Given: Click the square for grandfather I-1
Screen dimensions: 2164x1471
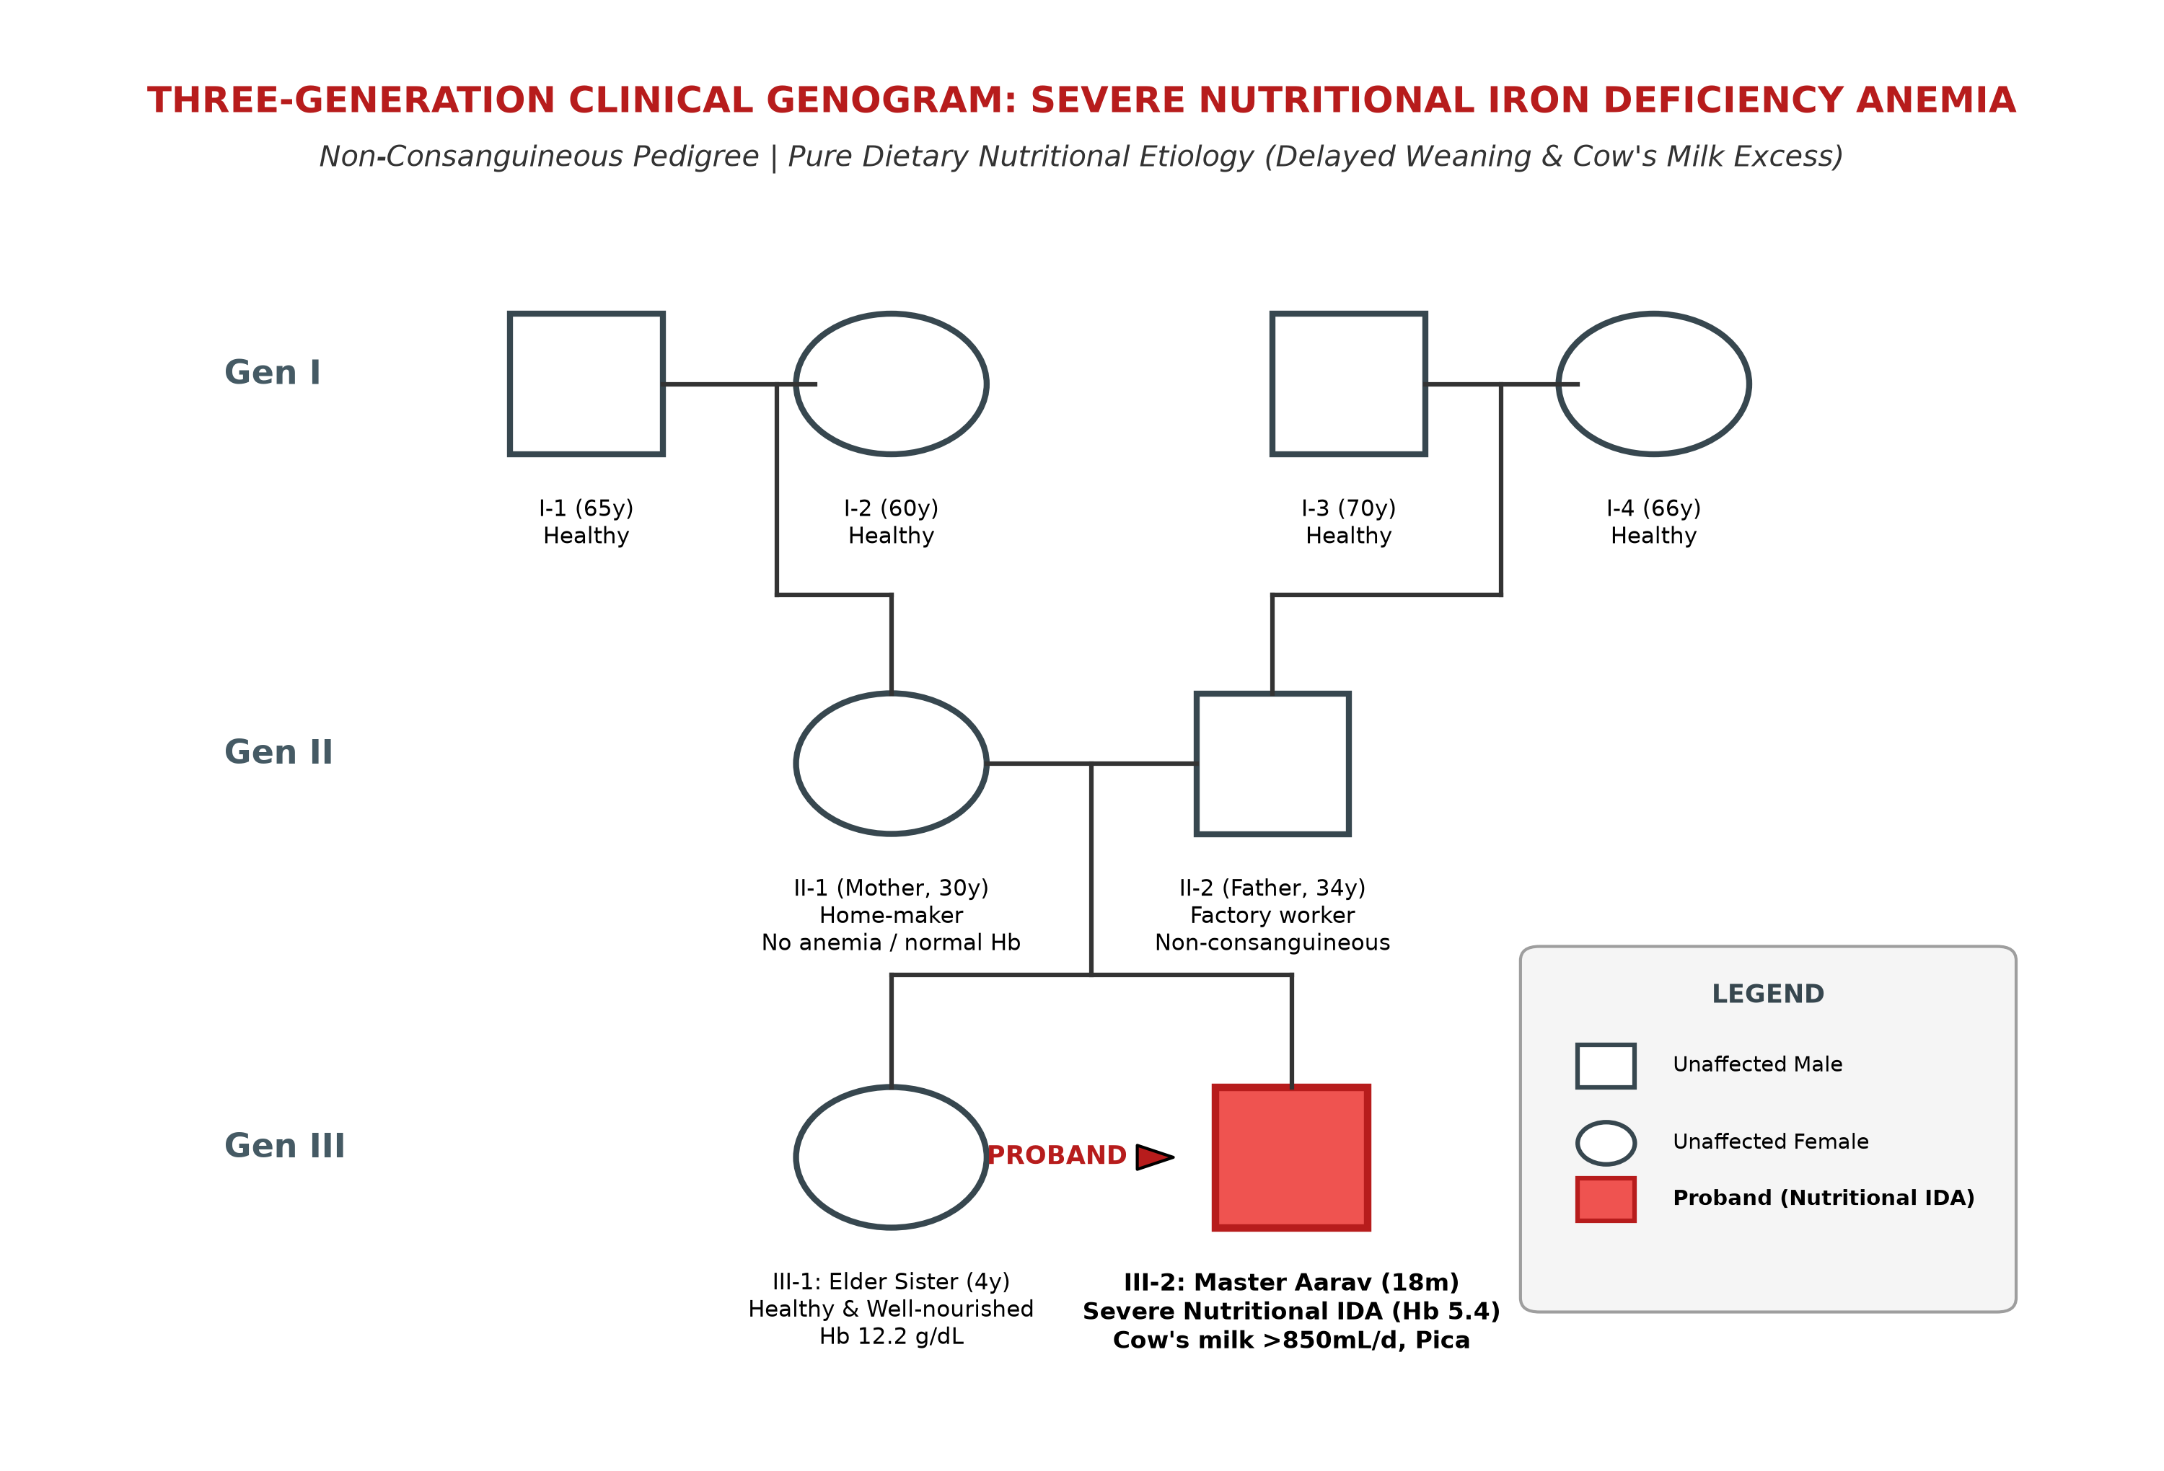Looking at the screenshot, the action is pos(510,384).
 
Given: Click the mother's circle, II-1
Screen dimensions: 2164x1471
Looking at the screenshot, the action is pos(796,764).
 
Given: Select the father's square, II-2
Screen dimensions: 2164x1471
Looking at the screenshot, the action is pos(1197,764).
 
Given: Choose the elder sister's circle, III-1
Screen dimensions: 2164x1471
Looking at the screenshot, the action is pos(796,1157).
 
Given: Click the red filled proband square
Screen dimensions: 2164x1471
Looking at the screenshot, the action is pos(1291,1157).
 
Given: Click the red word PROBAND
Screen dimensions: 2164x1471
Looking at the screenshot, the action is pos(1057,1155).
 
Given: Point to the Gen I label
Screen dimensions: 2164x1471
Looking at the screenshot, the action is pos(273,372).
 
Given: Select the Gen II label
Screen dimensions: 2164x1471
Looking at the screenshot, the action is pos(278,752).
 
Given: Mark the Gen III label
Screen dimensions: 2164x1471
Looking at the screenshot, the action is pos(285,1146).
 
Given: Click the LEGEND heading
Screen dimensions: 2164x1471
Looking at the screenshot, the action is pos(1767,994).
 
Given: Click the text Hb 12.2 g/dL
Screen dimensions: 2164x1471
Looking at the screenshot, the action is pos(891,1337).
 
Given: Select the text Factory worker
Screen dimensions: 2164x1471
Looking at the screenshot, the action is pos(1272,915).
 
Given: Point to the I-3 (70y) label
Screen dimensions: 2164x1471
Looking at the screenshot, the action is pos(1348,508).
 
